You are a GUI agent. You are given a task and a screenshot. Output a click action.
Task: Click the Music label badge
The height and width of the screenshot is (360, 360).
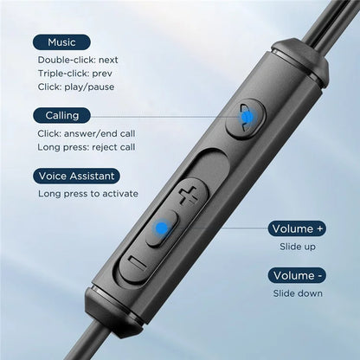61,42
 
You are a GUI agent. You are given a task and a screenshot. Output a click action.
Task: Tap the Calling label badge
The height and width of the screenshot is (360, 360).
61,115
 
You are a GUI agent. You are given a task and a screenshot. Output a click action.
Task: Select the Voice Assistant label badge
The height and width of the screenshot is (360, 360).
76,176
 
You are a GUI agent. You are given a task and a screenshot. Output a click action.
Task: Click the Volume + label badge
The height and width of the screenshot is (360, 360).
297,228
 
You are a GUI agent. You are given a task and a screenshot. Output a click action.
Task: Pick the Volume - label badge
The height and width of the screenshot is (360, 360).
297,275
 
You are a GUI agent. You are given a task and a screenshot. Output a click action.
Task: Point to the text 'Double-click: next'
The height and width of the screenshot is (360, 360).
78,60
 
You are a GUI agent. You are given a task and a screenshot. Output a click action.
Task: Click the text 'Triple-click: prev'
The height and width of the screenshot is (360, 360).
75,74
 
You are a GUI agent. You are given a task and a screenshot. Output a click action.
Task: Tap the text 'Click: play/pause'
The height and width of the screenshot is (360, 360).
76,87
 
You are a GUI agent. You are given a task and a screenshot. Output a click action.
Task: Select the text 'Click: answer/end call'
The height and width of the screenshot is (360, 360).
87,133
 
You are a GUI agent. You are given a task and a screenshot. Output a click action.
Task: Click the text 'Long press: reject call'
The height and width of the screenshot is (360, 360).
87,147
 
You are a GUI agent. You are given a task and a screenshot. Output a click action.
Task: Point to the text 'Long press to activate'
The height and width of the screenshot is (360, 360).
88,194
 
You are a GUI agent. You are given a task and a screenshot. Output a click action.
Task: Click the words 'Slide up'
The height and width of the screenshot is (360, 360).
298,247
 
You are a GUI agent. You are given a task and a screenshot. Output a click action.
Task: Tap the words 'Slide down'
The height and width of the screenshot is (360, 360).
298,293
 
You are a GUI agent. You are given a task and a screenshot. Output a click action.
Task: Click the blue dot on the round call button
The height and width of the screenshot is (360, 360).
247,118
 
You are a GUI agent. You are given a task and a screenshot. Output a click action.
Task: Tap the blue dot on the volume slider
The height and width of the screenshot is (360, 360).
162,228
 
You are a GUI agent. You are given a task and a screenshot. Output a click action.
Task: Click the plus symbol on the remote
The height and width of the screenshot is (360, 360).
188,196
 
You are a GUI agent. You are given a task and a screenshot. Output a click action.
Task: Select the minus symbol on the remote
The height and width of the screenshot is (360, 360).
138,263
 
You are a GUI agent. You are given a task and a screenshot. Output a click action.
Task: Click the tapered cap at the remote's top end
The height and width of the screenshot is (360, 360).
300,61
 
